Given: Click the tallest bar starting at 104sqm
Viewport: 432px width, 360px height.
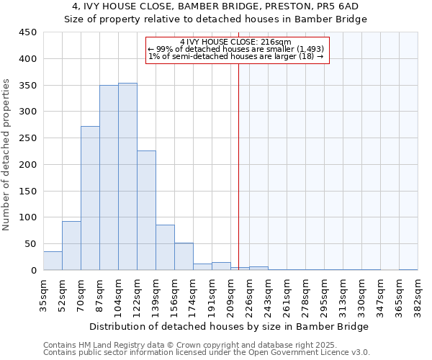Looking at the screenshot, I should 127,176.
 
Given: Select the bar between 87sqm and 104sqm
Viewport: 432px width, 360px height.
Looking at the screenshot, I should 109,178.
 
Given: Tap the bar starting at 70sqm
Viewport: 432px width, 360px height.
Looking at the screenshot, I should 90,198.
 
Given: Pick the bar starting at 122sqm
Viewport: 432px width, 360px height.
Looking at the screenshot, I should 146,210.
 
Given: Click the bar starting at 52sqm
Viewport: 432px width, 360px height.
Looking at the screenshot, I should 71,246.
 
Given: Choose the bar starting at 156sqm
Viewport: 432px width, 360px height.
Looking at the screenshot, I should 184,256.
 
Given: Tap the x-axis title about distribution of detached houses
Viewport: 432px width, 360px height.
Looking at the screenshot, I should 228,326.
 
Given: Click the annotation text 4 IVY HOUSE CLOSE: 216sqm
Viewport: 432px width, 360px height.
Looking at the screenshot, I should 236,42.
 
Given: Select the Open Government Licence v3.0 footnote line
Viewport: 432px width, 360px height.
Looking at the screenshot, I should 207,353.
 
